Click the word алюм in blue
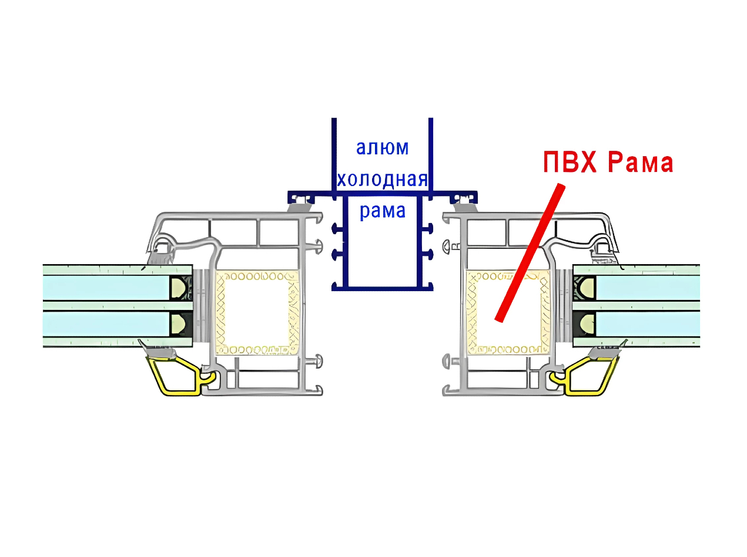pos(382,147)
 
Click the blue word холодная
pos(382,179)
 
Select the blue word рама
pos(382,210)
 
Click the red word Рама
pos(640,163)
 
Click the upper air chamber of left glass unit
pos(106,287)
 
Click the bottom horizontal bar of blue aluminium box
pos(382,288)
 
